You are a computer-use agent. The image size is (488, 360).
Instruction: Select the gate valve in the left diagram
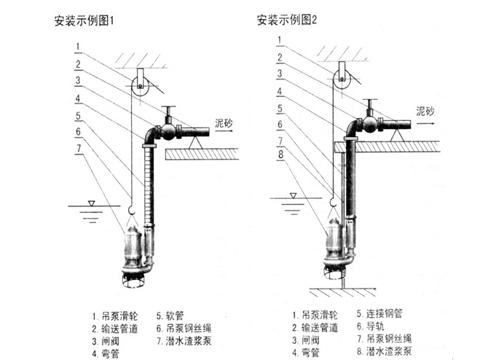[x=169, y=130]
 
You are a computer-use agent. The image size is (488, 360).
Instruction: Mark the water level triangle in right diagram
[x=292, y=195]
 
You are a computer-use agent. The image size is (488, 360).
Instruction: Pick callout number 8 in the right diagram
[x=280, y=154]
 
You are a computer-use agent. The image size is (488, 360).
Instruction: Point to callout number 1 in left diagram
[x=77, y=49]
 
